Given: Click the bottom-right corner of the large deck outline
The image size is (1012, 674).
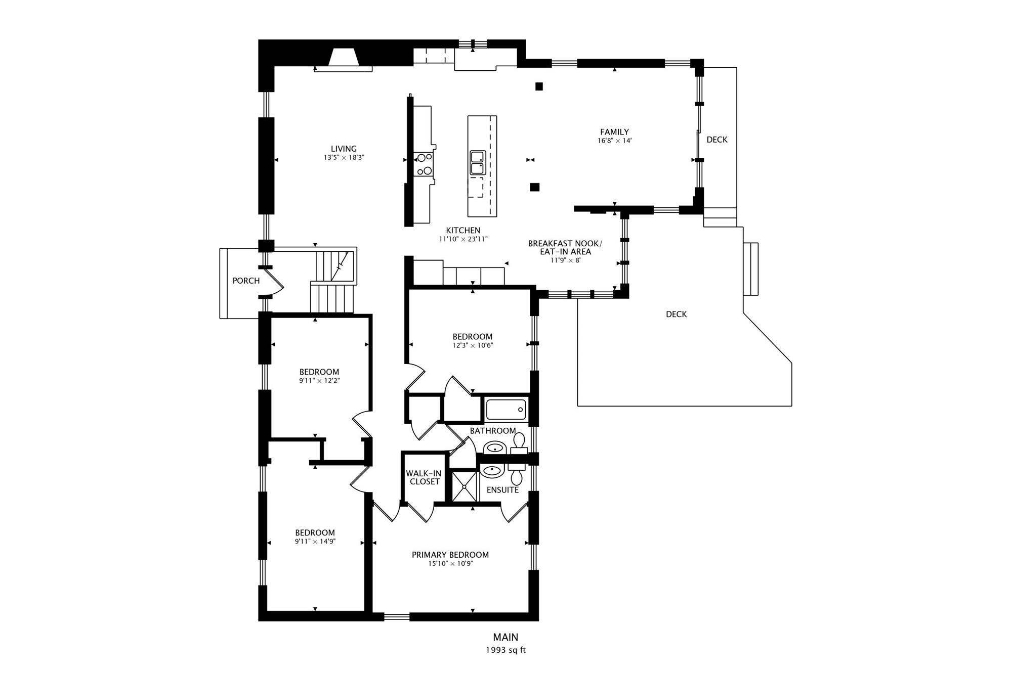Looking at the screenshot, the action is click(x=792, y=406).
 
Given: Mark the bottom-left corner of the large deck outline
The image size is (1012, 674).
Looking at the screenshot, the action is click(x=578, y=406).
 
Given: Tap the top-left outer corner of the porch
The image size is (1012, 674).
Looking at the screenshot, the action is click(x=220, y=248).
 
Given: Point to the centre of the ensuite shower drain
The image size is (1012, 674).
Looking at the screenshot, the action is click(x=463, y=486).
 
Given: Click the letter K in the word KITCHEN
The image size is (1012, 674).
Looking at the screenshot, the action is click(x=448, y=231).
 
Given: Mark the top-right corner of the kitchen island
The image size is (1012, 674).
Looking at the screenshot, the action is click(x=496, y=116).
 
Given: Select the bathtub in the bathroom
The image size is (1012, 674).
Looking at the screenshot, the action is click(x=506, y=410).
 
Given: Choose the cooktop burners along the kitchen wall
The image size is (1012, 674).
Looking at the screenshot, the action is click(x=424, y=165).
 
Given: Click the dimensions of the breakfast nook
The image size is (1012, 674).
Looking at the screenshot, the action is click(x=565, y=260).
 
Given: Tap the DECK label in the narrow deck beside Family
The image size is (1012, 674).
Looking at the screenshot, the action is click(x=717, y=140).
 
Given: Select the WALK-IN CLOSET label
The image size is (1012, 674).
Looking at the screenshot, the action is click(x=424, y=478).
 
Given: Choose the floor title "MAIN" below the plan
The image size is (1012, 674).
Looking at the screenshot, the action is click(x=506, y=638).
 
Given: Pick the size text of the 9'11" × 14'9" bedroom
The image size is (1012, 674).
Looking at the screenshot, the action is click(x=315, y=542).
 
